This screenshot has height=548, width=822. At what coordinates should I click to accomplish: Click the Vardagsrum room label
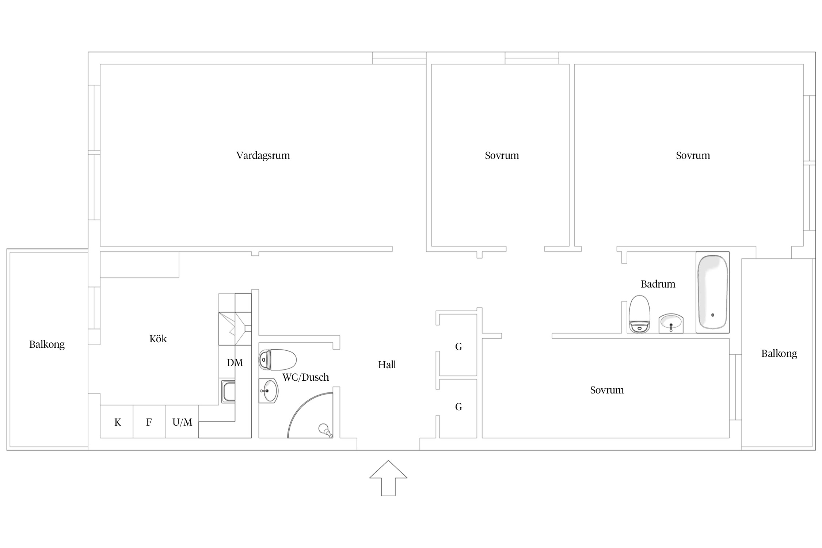click(263, 156)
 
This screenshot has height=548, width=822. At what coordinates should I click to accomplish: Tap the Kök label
click(158, 339)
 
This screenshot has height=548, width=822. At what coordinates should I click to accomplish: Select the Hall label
click(387, 365)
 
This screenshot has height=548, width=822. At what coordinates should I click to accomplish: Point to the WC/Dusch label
click(306, 377)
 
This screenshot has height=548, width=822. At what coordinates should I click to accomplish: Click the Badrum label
click(658, 284)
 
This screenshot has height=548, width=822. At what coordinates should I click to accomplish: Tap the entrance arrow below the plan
click(388, 478)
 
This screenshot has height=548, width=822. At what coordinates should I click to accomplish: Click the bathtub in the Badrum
click(712, 292)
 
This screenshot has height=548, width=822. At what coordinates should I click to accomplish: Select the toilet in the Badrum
click(639, 314)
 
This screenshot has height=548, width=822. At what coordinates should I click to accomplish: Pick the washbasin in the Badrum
click(671, 323)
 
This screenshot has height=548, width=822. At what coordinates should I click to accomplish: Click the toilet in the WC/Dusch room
click(277, 359)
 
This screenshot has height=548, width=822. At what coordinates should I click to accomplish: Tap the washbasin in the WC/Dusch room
click(269, 391)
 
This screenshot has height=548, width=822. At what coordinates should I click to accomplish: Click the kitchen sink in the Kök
click(228, 392)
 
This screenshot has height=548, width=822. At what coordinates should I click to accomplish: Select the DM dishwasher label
click(235, 362)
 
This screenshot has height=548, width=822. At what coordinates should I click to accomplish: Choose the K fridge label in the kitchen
click(118, 422)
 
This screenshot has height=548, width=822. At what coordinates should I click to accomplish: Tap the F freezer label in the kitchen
click(149, 422)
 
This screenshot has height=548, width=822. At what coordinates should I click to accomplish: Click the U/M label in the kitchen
click(182, 422)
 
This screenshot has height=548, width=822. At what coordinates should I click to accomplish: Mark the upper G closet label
click(458, 346)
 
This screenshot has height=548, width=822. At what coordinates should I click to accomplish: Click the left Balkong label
click(47, 345)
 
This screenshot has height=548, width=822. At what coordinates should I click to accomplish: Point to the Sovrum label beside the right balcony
click(607, 390)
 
